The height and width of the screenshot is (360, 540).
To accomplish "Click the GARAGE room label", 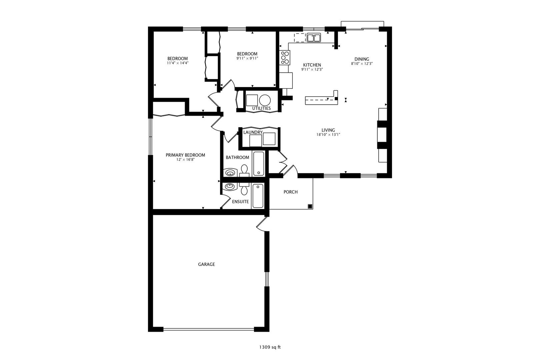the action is [206, 264].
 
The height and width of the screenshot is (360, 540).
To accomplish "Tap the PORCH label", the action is [290, 192].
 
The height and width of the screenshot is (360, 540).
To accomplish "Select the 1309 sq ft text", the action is [270, 347].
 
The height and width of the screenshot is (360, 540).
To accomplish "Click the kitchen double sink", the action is [314, 38].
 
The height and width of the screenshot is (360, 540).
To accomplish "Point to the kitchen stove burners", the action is [285, 58].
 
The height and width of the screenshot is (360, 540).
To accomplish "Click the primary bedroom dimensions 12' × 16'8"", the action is [185, 160].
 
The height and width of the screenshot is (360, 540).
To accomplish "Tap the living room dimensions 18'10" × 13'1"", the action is [328, 135].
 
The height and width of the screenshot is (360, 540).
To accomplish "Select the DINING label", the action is [362, 59].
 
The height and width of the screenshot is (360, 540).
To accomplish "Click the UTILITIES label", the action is [261, 108].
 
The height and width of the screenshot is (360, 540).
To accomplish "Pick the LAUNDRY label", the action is [253, 132].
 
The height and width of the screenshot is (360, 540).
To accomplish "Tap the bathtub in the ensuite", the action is [258, 195].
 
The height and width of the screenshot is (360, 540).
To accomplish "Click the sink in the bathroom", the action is [230, 173].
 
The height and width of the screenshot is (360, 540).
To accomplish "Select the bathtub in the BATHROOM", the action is [258, 164].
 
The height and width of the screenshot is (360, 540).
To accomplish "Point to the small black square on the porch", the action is [310, 206].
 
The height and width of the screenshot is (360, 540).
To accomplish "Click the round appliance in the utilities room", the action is [265, 100].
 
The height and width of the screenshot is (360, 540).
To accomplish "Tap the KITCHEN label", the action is [312, 65].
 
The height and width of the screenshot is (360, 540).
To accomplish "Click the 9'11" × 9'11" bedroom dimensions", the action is [247, 58].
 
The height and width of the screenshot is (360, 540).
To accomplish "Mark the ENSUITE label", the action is [240, 202].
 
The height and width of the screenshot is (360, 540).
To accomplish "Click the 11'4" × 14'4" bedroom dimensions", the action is [178, 63].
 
